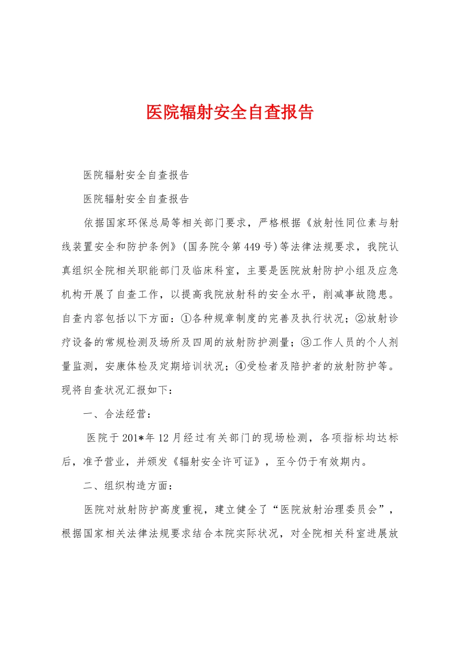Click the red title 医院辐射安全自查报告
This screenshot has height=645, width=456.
(x=229, y=112)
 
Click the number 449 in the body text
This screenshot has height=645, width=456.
(x=252, y=247)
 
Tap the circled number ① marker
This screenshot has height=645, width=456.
(x=186, y=319)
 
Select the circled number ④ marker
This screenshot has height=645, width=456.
(x=241, y=367)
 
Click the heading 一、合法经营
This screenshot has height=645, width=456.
(x=118, y=414)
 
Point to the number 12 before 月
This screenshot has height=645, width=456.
(x=163, y=438)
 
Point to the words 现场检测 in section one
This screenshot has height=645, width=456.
(x=286, y=438)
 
